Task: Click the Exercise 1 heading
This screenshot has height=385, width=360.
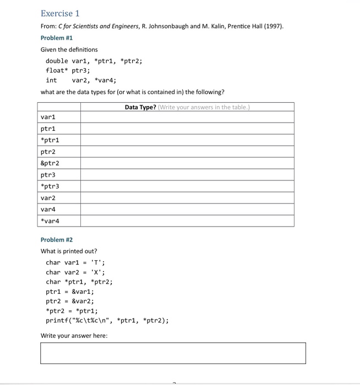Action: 60,13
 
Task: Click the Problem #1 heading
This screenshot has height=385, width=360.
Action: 57,38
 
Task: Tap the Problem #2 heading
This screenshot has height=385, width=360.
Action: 57,240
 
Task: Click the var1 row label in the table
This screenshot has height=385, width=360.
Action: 48,117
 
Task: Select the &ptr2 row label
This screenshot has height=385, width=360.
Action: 50,163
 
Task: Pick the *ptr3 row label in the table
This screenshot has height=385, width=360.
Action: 50,186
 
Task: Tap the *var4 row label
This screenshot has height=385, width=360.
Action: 50,221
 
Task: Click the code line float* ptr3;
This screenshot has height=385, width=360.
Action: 68,70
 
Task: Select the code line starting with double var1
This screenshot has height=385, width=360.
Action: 94,61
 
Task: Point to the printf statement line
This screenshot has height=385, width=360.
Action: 107,321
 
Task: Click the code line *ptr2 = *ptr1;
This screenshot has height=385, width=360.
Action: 72,311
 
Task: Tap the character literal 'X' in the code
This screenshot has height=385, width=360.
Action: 97,272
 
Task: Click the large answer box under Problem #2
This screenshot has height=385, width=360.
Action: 173,353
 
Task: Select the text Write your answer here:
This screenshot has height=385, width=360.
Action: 74,335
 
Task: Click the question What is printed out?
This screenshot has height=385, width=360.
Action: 69,251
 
